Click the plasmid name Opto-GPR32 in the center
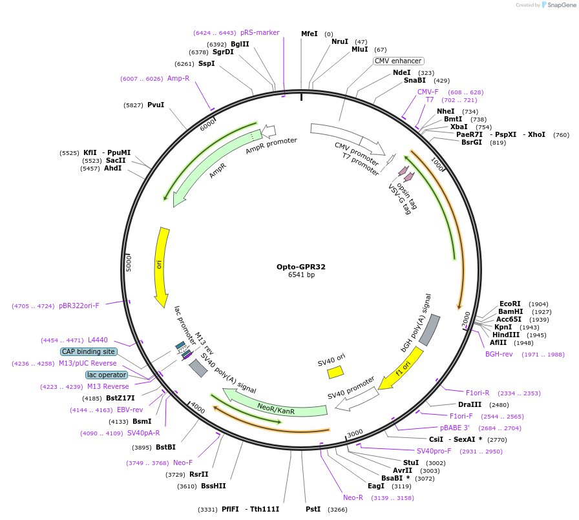tap(301, 266)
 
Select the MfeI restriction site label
tap(310, 34)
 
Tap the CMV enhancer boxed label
tap(398, 61)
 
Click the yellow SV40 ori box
tap(335, 372)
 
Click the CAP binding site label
tap(89, 351)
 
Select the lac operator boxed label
tap(107, 375)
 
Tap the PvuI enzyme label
tap(156, 105)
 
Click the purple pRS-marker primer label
tap(260, 32)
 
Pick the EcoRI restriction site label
tap(510, 304)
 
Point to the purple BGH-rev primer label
tap(499, 354)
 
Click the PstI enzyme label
tap(313, 509)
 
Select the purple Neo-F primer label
tap(183, 463)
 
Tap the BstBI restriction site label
tap(165, 447)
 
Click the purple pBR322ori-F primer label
tap(79, 306)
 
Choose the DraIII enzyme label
tap(470, 404)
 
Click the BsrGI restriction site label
tap(472, 142)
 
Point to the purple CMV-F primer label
tap(428, 92)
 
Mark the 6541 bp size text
tap(301, 275)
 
